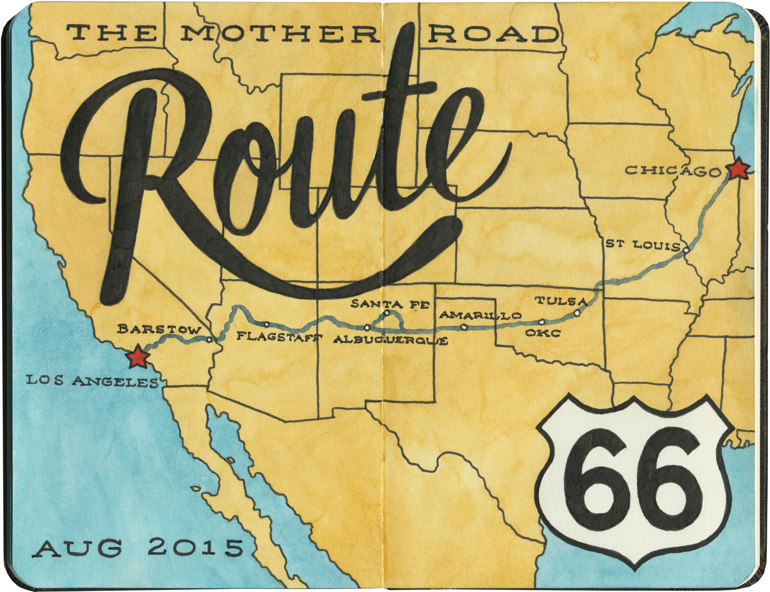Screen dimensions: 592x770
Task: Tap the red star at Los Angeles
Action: tap(137, 357)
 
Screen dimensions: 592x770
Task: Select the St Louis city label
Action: tap(642, 244)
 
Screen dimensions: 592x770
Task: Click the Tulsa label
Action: tap(561, 301)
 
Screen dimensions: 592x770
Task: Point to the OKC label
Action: tap(542, 334)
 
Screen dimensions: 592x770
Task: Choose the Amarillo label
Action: tap(480, 315)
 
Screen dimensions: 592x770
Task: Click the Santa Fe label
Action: tap(390, 305)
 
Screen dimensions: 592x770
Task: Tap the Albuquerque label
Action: tap(390, 340)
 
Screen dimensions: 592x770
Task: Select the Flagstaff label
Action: tap(280, 337)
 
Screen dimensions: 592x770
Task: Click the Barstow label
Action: tap(159, 329)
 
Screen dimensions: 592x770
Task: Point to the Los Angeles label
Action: tap(93, 381)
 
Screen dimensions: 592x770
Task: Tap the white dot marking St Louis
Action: tap(686, 249)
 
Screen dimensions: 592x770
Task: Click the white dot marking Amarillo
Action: tap(464, 326)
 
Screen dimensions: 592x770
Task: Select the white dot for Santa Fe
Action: tap(386, 312)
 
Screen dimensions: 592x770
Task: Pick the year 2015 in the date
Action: tap(195, 547)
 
